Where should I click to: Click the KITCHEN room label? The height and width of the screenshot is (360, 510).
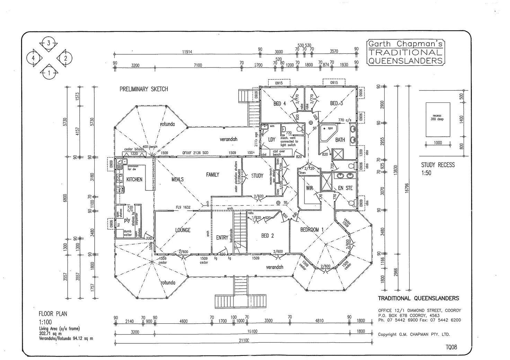pyautogui.click(x=134, y=179)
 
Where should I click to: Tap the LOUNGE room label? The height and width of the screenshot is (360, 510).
pyautogui.click(x=183, y=230)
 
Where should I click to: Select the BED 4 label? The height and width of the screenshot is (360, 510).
pyautogui.click(x=280, y=103)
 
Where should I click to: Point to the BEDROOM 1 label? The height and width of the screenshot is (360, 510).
pyautogui.click(x=312, y=230)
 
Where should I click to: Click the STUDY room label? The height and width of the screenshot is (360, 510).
pyautogui.click(x=257, y=176)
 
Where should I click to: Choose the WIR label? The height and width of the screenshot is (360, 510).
pyautogui.click(x=309, y=188)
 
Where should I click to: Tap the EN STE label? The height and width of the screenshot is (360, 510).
pyautogui.click(x=345, y=188)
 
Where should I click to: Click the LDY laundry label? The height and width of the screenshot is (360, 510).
pyautogui.click(x=272, y=139)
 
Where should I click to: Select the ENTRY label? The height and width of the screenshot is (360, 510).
pyautogui.click(x=222, y=237)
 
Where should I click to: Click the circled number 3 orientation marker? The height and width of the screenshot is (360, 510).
pyautogui.click(x=49, y=43)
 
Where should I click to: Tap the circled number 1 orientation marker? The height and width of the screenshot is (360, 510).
pyautogui.click(x=49, y=73)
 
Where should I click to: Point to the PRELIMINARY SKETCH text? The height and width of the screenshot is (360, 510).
pyautogui.click(x=144, y=89)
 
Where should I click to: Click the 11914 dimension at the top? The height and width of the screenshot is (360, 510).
pyautogui.click(x=187, y=52)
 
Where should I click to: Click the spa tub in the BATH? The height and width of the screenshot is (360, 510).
pyautogui.click(x=327, y=133)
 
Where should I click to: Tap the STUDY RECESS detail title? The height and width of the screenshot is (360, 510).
pyautogui.click(x=438, y=165)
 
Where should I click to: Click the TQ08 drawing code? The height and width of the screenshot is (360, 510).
pyautogui.click(x=451, y=347)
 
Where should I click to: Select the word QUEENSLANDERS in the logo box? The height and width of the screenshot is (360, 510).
pyautogui.click(x=405, y=61)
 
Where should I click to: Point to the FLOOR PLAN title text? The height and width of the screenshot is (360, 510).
pyautogui.click(x=53, y=314)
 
